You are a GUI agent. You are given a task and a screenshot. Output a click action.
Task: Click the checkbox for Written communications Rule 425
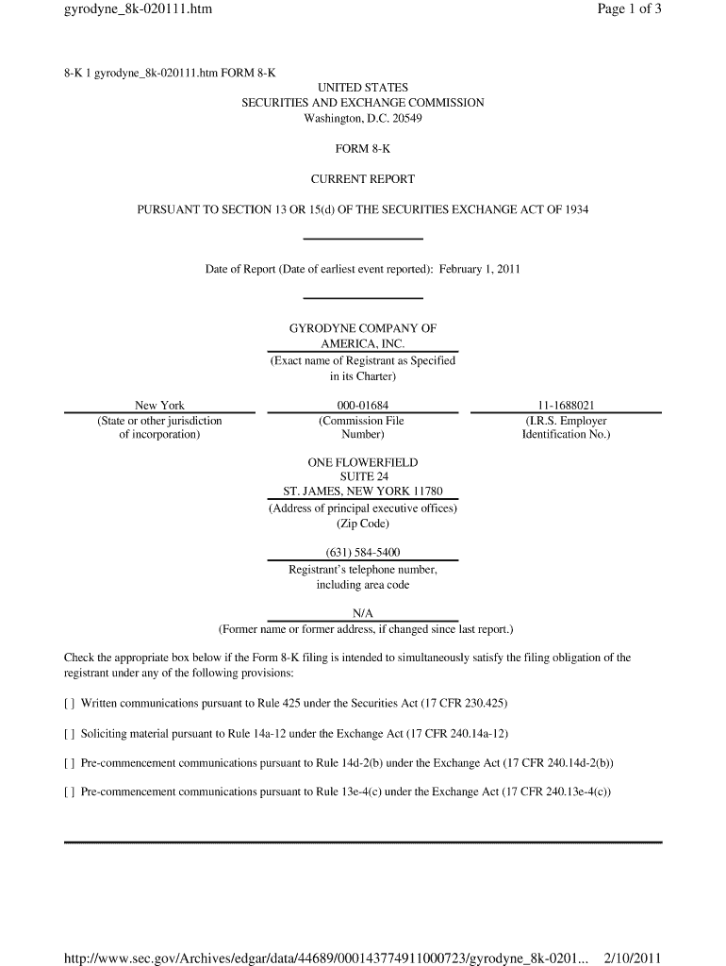pyautogui.click(x=69, y=704)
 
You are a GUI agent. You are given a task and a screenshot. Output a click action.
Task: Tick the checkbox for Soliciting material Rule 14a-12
pyautogui.click(x=69, y=733)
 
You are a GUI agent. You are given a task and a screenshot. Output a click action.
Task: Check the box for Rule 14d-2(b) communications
pyautogui.click(x=69, y=762)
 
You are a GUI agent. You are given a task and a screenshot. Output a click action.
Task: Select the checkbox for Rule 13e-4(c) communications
pyautogui.click(x=69, y=791)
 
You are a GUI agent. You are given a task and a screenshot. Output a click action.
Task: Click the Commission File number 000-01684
pyautogui.click(x=363, y=406)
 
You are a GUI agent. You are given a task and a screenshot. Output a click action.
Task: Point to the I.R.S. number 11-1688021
pyautogui.click(x=566, y=406)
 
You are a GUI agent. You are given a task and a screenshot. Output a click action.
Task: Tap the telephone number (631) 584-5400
pyautogui.click(x=363, y=553)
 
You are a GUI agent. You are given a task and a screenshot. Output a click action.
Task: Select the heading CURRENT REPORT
pyautogui.click(x=363, y=179)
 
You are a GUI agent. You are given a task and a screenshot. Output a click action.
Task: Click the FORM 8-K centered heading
pyautogui.click(x=363, y=149)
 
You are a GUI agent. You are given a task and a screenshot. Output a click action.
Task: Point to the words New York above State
pyautogui.click(x=159, y=406)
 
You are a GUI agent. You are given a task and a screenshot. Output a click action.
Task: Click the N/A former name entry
pyautogui.click(x=363, y=613)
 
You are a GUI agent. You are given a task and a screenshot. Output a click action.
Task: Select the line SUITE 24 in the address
pyautogui.click(x=363, y=477)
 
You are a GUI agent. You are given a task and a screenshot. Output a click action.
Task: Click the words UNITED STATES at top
pyautogui.click(x=363, y=88)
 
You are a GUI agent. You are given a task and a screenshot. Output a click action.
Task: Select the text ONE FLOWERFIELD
pyautogui.click(x=363, y=463)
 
